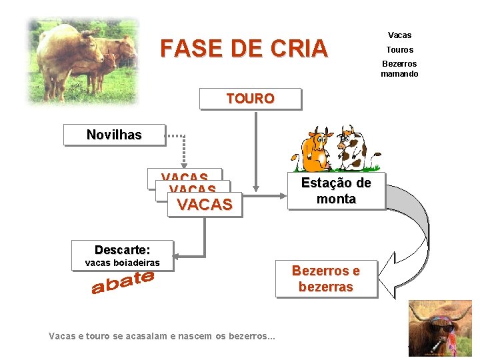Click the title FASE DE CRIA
(244, 49)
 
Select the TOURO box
(250, 99)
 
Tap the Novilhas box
(114, 135)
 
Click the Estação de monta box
(336, 191)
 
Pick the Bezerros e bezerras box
(326, 279)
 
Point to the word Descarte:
(122, 249)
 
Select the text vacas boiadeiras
(122, 263)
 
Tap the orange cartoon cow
(315, 150)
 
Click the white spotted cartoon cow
(351, 148)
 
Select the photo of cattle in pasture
(83, 60)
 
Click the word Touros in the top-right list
(399, 50)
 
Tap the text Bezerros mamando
(399, 69)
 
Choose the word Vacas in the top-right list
(399, 35)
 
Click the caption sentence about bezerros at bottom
(162, 336)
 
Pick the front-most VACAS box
(205, 205)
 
